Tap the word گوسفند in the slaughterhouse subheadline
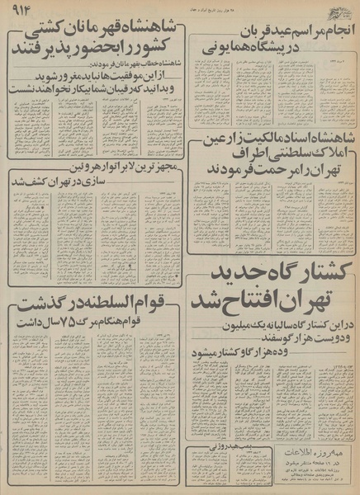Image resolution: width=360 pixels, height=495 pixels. point(225,342)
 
